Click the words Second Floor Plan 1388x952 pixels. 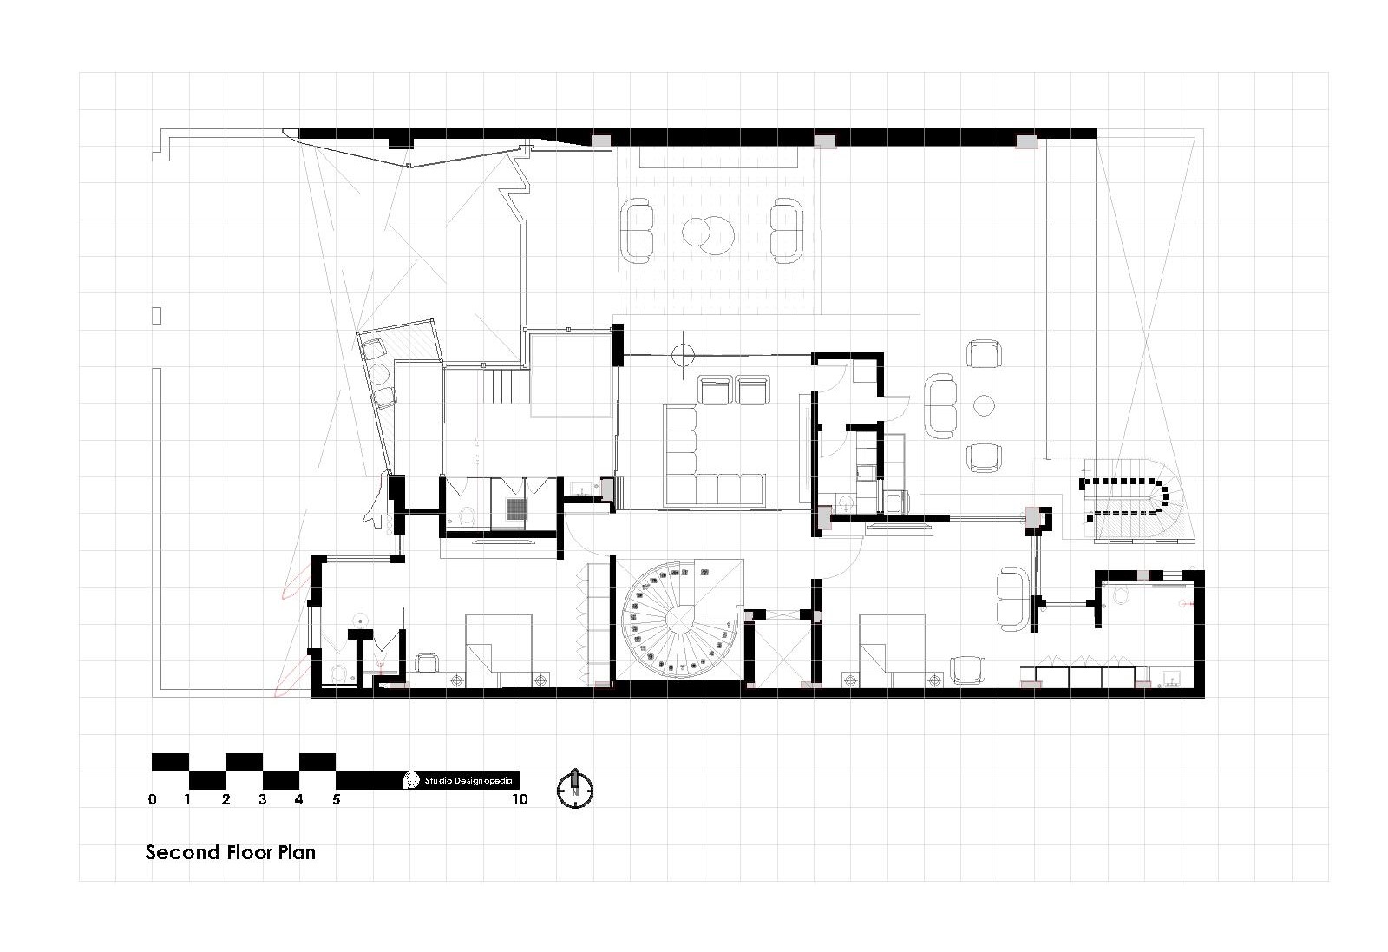230,852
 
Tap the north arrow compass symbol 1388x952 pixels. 574,788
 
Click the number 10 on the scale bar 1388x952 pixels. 520,800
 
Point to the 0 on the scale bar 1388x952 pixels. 153,800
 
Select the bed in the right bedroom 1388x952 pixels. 892,651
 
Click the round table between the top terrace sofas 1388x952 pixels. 707,232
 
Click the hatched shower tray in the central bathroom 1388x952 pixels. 517,509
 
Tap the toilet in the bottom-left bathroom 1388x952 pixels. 338,671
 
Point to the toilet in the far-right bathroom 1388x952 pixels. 1119,595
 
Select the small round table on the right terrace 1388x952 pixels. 984,405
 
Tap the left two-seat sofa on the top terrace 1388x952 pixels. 638,231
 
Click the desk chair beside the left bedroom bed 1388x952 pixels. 426,663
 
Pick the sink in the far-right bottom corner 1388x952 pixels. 1172,679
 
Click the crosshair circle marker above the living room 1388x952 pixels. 684,353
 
